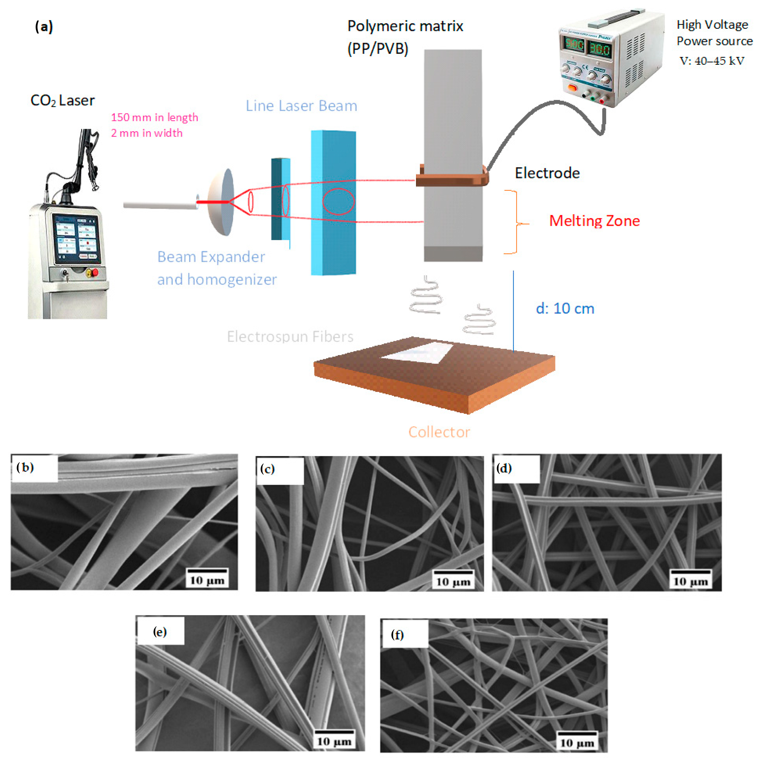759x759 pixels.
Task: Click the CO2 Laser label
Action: (x=62, y=101)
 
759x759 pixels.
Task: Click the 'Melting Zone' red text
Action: (x=594, y=221)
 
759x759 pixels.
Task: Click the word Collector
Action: (x=439, y=432)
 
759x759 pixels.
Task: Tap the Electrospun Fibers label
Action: (x=290, y=337)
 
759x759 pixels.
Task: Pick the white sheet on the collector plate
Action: (x=420, y=352)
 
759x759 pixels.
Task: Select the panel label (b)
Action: (x=25, y=468)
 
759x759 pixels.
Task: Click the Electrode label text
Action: (x=547, y=173)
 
